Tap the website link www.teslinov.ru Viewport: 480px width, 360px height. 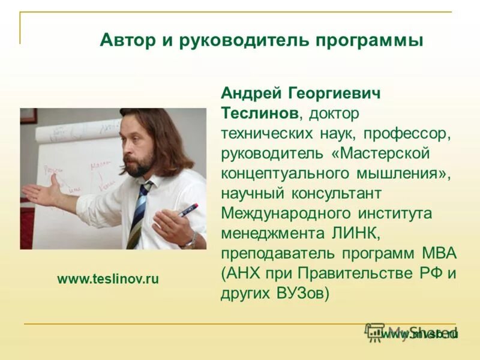108,278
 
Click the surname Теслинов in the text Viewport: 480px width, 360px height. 262,113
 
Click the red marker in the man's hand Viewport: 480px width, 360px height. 188,210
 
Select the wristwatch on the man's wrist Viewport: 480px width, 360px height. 190,242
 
